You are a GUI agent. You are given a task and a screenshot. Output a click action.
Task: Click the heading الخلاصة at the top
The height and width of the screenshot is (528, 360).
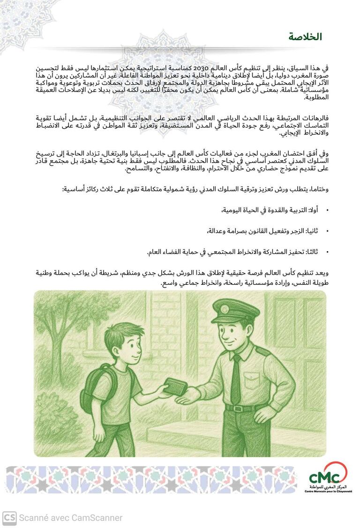[x=305, y=37]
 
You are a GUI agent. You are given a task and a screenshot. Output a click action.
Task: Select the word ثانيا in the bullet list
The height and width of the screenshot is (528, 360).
[x=312, y=231]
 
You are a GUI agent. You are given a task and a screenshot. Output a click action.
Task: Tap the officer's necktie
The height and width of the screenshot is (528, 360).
[x=236, y=379]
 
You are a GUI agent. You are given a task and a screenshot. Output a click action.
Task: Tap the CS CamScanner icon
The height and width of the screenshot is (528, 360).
[x=9, y=518]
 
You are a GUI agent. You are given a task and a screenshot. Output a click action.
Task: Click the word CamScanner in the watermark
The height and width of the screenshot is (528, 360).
[x=98, y=518]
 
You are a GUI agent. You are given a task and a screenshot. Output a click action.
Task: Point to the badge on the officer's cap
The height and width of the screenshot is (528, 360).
[x=225, y=310]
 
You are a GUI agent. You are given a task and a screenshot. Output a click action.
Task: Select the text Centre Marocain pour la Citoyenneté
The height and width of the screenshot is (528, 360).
[x=328, y=491]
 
